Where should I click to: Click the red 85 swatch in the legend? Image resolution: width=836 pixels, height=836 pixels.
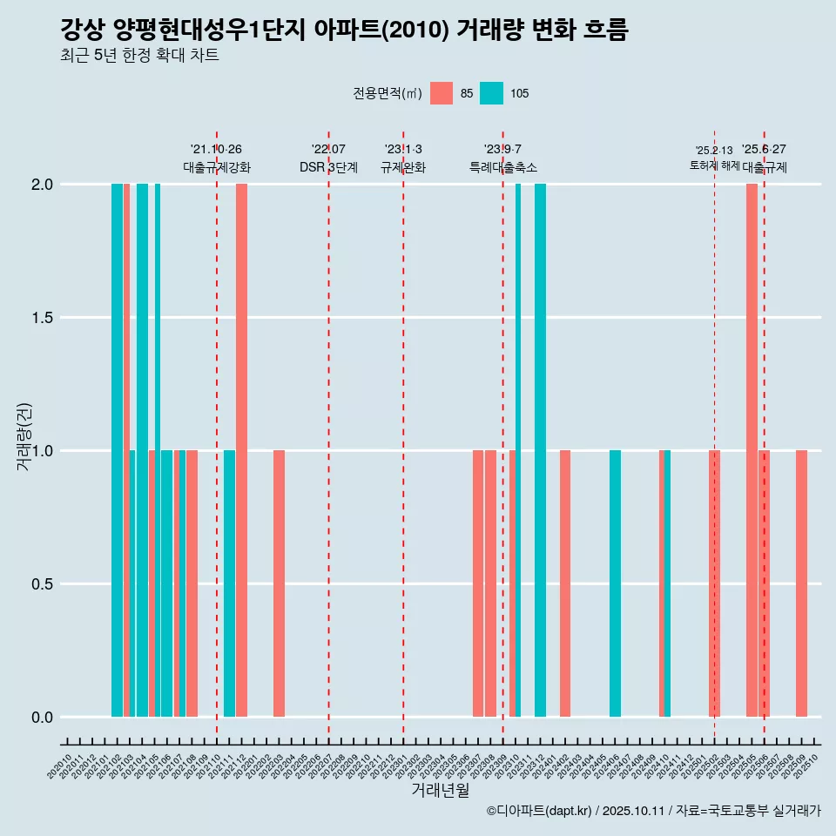[442, 93]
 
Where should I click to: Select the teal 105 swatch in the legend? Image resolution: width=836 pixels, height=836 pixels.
[492, 93]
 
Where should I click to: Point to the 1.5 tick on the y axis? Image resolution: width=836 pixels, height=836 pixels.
[40, 318]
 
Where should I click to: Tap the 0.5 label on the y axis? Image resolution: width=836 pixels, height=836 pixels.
[40, 584]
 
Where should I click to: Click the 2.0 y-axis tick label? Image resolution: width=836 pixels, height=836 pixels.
[40, 185]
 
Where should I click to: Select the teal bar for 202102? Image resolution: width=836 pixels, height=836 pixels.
[117, 450]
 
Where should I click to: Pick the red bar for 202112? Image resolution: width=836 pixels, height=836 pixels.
[241, 450]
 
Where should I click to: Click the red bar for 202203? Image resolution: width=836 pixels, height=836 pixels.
[279, 583]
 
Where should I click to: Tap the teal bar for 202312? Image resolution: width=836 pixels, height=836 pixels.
[540, 450]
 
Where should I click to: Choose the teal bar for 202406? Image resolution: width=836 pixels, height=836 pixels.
[615, 583]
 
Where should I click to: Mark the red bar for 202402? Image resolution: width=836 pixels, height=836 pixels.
[565, 583]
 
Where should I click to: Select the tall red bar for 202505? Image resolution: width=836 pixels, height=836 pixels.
[752, 450]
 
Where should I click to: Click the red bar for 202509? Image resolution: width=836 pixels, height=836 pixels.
[801, 583]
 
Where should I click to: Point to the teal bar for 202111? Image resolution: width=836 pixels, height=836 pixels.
[229, 583]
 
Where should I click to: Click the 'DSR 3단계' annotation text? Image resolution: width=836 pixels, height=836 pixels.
[328, 167]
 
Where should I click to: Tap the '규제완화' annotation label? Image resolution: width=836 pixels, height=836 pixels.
[403, 167]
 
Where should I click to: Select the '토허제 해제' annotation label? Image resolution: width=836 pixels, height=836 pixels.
[714, 165]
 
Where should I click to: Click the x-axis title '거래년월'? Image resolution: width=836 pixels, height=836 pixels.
[440, 790]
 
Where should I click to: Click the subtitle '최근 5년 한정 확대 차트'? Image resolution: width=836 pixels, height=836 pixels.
[139, 56]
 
